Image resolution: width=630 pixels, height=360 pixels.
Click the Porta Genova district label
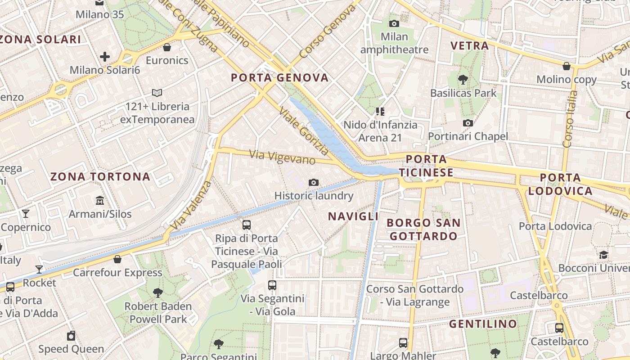[x=280, y=78]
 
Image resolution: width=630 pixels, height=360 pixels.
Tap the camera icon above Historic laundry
[x=314, y=182]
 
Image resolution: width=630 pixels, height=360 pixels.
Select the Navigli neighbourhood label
[x=353, y=216]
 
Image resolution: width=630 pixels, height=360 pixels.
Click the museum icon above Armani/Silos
[x=100, y=200]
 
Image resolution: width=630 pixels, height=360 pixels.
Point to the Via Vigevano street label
[x=282, y=157]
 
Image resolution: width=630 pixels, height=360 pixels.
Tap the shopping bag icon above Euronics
[x=167, y=47]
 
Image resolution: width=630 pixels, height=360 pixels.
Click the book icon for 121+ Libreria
[x=157, y=93]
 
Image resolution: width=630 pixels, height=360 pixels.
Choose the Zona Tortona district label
[x=100, y=176]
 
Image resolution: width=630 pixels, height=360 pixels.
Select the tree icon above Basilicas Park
[x=463, y=80]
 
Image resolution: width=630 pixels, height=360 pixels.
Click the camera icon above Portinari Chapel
[x=468, y=123]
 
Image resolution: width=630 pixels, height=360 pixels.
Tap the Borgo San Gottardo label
[x=423, y=229]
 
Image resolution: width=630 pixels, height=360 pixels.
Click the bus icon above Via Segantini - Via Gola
[x=272, y=285]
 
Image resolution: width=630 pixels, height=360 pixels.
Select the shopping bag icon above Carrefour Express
[x=117, y=259]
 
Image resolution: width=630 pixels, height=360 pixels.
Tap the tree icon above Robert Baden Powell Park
[x=158, y=293]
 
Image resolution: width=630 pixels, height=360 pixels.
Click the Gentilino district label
[x=483, y=324]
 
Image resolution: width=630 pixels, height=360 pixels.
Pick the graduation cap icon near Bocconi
[x=603, y=255]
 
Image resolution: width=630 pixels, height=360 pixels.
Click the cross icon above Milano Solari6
[x=105, y=57]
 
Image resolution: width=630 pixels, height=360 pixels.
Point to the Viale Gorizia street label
[x=304, y=131]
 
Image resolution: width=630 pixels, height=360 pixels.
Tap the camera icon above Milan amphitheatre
[x=394, y=23]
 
